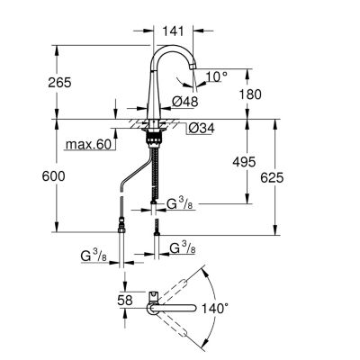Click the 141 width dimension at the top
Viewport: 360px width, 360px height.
[173, 31]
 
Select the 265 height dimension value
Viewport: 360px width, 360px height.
[59, 83]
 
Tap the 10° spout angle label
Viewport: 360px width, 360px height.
[217, 77]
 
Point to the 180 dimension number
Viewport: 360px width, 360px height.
[250, 94]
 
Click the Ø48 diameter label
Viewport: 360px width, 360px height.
[185, 102]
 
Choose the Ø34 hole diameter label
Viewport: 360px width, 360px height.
[202, 129]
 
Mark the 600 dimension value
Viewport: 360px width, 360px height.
[53, 176]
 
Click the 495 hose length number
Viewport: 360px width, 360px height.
[244, 162]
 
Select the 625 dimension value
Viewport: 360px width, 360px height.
[272, 178]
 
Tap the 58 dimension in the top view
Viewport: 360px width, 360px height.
[125, 301]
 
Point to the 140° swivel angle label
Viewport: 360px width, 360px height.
[215, 308]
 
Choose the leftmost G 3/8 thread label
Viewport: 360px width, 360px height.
[94, 256]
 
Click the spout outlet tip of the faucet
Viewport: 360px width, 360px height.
[193, 67]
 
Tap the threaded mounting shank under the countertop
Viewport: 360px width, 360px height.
[154, 139]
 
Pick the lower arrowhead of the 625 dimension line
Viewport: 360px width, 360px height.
[274, 230]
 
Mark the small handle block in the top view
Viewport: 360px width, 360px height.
[153, 296]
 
